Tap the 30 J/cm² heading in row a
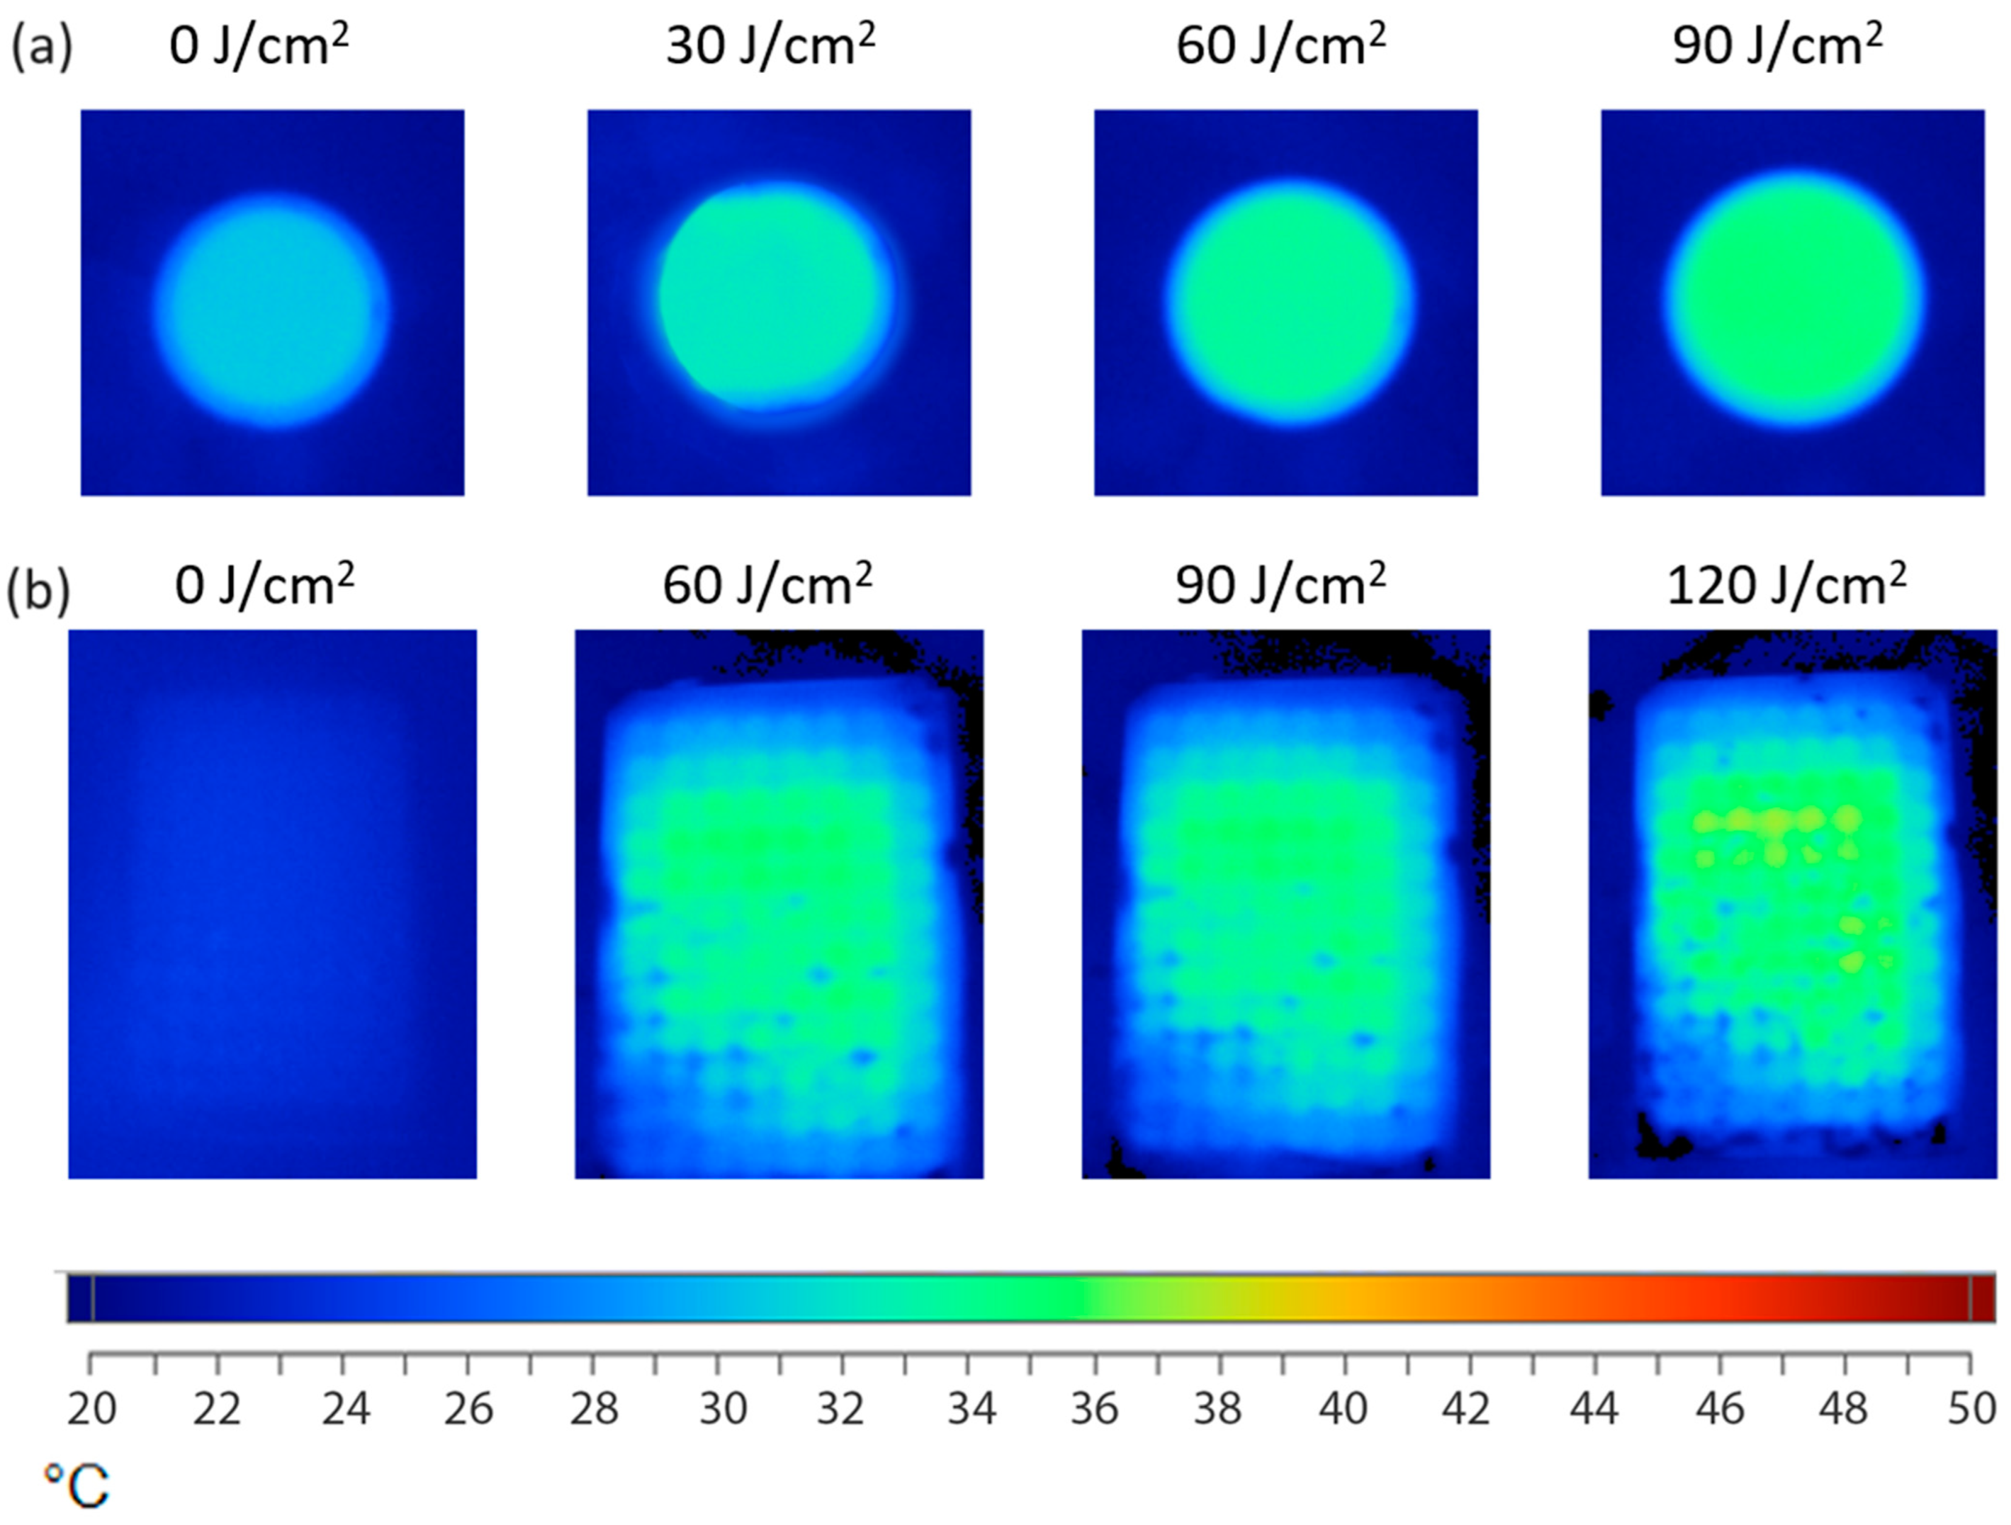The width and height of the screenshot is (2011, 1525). [x=770, y=44]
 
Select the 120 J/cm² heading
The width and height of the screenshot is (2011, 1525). [x=1786, y=584]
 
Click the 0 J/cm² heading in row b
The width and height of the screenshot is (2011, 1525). [x=264, y=584]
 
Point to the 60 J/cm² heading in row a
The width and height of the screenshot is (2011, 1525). [x=1280, y=44]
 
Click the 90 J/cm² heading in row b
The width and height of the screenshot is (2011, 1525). [x=1280, y=584]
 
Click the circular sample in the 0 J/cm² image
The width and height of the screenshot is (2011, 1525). [x=271, y=309]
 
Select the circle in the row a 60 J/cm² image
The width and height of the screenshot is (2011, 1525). [x=1289, y=302]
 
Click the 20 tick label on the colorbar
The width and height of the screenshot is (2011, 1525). [x=92, y=1410]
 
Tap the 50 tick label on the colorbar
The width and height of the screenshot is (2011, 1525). [x=1971, y=1410]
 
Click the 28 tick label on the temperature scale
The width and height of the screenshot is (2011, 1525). [x=594, y=1410]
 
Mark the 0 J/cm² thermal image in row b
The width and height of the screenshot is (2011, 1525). [x=272, y=904]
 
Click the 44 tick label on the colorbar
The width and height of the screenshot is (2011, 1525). [x=1594, y=1410]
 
